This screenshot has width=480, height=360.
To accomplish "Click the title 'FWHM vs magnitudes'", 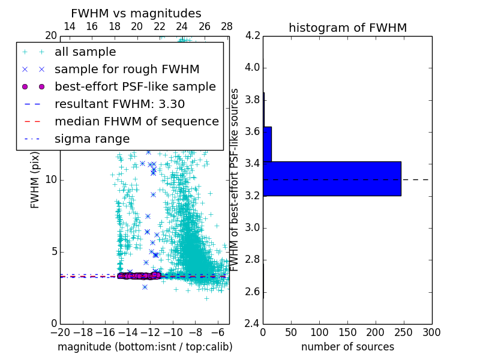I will point(136,13).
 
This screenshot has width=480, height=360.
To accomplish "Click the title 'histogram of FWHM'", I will point(347,28).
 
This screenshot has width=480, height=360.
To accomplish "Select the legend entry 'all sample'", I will point(85,52).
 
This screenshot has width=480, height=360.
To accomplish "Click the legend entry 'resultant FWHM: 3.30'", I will point(119,104).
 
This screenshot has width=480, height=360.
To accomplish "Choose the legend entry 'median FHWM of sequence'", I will point(136,121).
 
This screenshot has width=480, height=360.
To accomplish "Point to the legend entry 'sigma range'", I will point(92,139).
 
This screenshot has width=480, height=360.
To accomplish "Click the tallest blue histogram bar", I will point(332,178).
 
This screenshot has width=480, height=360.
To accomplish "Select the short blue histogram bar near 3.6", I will point(268,144).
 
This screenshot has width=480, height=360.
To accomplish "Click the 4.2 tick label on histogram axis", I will point(252,35).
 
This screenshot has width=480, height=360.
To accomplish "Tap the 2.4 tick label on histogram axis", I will point(252,324).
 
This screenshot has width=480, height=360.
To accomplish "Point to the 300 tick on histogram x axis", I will point(431,332).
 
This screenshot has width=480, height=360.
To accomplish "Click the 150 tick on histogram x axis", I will point(347,332).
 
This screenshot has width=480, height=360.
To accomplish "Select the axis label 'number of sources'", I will point(347,347).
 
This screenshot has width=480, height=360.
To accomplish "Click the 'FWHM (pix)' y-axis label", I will point(35,179).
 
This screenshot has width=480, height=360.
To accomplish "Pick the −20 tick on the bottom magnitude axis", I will point(60,332).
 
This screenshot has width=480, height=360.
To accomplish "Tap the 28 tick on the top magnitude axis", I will point(227,26).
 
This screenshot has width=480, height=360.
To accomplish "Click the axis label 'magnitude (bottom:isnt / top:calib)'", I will point(145,347).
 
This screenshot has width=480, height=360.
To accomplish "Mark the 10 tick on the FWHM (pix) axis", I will point(51,179).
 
